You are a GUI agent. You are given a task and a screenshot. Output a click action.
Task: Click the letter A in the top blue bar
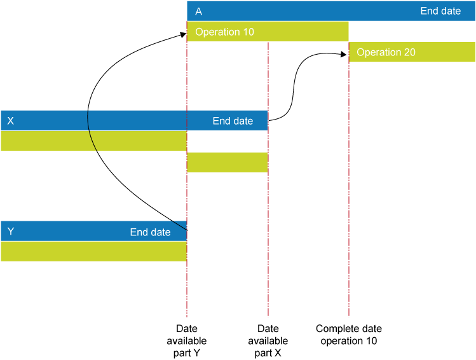pos(199,11)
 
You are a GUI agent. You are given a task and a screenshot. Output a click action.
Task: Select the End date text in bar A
pos(440,11)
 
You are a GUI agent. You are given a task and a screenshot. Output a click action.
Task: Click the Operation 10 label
pos(225,32)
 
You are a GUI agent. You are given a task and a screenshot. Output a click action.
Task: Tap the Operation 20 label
pos(386,52)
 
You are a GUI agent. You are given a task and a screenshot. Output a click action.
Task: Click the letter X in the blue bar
pos(10,121)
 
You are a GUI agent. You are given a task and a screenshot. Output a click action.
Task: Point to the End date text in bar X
pos(233,121)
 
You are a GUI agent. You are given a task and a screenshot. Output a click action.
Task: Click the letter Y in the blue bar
pos(10,232)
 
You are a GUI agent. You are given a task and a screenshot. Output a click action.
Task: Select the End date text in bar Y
pos(150,232)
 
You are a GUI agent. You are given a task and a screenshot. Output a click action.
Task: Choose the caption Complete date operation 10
pos(348,335)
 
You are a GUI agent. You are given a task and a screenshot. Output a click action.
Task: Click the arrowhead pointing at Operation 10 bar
pos(183,36)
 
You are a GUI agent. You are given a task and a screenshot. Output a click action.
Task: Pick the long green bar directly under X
pos(93,141)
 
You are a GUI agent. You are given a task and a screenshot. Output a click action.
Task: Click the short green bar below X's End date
pos(228,162)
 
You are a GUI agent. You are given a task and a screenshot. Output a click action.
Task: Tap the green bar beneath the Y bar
pos(93,251)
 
